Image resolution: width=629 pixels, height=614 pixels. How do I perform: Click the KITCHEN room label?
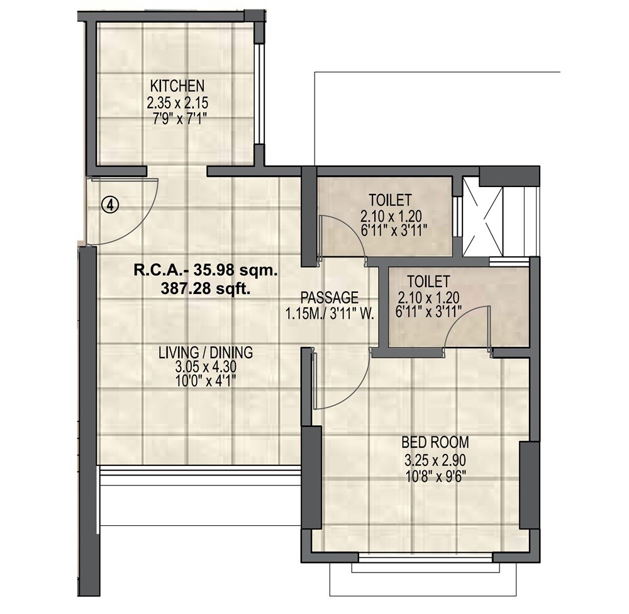[177, 85]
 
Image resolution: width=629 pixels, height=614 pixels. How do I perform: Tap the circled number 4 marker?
[111, 205]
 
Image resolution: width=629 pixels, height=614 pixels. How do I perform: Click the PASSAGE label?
[329, 297]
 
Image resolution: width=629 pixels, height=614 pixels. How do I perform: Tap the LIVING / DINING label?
[205, 352]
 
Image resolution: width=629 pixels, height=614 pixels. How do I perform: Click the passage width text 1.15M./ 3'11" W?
[329, 312]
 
